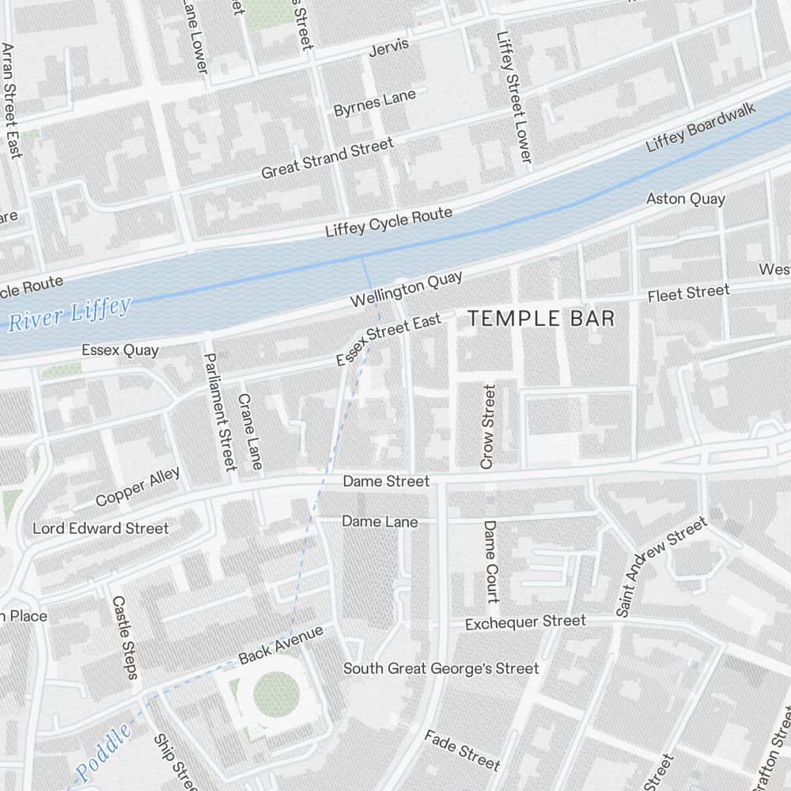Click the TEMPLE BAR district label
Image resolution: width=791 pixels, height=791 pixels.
tap(541, 319)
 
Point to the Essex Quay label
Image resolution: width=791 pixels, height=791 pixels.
tap(120, 350)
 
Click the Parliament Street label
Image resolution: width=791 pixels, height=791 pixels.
tap(221, 411)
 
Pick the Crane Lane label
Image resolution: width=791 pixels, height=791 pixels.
tap(250, 432)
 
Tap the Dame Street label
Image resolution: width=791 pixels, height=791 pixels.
tap(386, 481)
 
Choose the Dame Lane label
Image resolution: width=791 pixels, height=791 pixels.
tap(380, 522)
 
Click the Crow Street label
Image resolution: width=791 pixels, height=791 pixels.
tap(487, 427)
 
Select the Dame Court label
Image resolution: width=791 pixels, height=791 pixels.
tap(491, 561)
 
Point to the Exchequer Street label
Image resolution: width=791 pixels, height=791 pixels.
tap(525, 623)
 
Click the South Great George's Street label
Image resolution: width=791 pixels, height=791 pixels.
tap(441, 668)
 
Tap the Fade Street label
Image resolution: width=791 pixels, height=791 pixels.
tap(462, 750)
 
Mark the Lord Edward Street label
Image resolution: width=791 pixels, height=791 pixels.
tap(100, 528)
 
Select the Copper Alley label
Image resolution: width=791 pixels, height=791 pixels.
tap(138, 486)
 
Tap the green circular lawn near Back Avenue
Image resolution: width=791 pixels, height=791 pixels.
tap(276, 695)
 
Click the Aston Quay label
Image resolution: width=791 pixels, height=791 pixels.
tap(686, 199)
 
